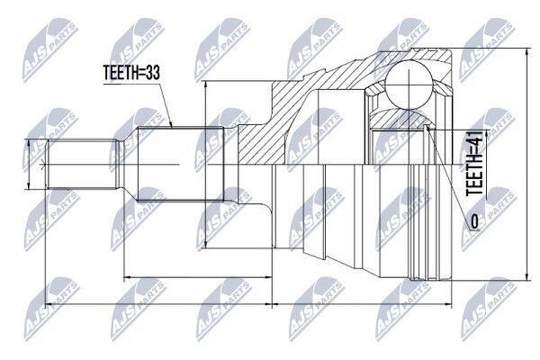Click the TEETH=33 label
pos(132,73)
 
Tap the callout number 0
pos(474,221)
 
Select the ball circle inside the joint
pos(409,85)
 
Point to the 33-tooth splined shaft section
pos(181,165)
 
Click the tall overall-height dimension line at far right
pos(526,165)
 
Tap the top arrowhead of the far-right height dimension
pos(526,51)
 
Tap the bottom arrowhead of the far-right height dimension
pos(526,277)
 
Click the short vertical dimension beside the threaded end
pos(29,165)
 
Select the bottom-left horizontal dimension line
pos(158,304)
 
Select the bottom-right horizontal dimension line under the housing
pos(362,304)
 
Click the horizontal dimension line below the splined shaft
pos(198,276)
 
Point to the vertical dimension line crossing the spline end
pos(205,165)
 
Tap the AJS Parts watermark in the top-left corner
pos(49,50)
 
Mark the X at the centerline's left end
pos(42,165)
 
